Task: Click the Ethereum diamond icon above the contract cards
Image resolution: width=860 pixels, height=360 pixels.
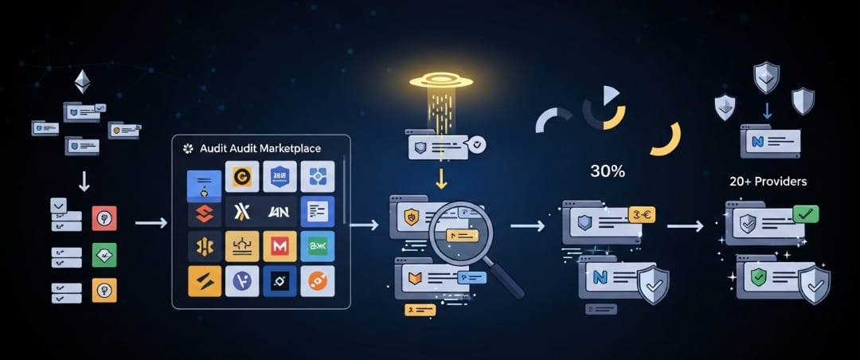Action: pos(82,81)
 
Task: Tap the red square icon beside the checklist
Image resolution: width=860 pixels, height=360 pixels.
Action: pos(104,218)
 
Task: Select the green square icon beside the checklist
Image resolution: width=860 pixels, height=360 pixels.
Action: pos(104,255)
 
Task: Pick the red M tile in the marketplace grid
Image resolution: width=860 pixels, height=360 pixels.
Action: pos(279,246)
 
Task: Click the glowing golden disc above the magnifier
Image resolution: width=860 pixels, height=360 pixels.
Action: pos(441,80)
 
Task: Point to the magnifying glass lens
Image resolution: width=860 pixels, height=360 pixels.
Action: pos(462,233)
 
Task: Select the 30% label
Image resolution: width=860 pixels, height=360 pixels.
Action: pos(608,170)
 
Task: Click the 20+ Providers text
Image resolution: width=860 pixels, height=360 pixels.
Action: pos(768,182)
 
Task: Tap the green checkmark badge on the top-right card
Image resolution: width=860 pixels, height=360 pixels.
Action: pos(805,213)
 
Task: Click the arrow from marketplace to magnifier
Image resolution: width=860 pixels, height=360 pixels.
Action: pos(364,225)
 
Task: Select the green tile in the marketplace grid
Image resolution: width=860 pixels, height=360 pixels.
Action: pos(317,246)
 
